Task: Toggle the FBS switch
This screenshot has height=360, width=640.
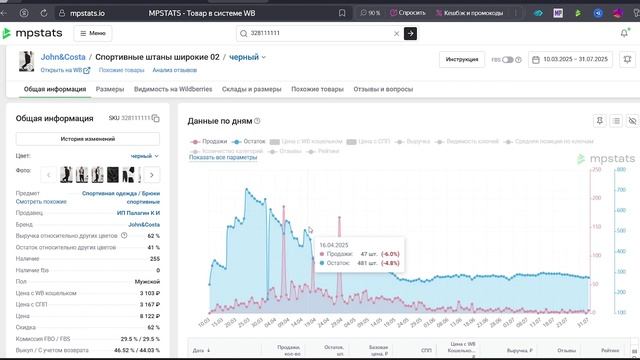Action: (x=508, y=60)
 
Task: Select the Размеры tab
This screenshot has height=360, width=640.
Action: (x=110, y=90)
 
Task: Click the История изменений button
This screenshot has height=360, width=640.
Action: (x=86, y=138)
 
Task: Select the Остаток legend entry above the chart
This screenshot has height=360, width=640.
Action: (x=250, y=142)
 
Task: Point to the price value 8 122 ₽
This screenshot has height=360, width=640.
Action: (x=146, y=315)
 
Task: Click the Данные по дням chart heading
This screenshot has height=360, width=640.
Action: (x=228, y=120)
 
